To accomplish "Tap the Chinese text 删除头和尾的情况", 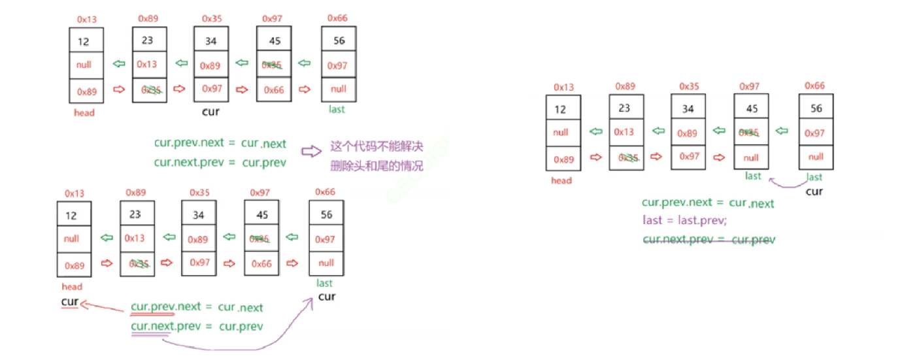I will [377, 166].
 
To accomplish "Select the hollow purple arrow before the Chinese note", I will [311, 152].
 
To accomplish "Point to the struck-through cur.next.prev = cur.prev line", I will [709, 240].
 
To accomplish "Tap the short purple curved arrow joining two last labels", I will [788, 184].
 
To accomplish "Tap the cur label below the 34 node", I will [210, 111].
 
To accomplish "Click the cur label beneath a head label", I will [70, 301].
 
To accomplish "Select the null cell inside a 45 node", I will [751, 157].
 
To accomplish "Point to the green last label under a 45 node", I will [753, 176].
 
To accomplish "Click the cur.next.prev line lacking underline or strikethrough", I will [220, 162].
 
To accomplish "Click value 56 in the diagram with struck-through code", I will [816, 108].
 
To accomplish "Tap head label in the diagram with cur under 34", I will [84, 112].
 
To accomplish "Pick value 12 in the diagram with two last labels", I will [560, 109].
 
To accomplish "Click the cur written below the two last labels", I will [814, 191].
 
